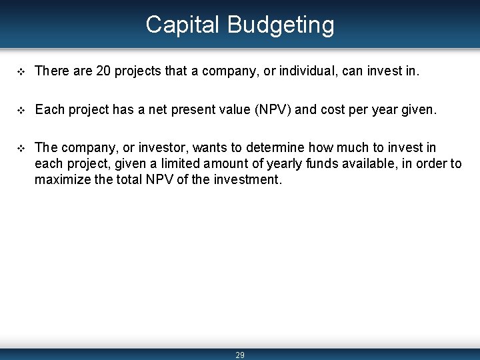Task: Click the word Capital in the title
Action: [x=183, y=25]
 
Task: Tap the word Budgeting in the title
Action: [x=281, y=26]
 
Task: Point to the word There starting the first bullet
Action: [x=51, y=71]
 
